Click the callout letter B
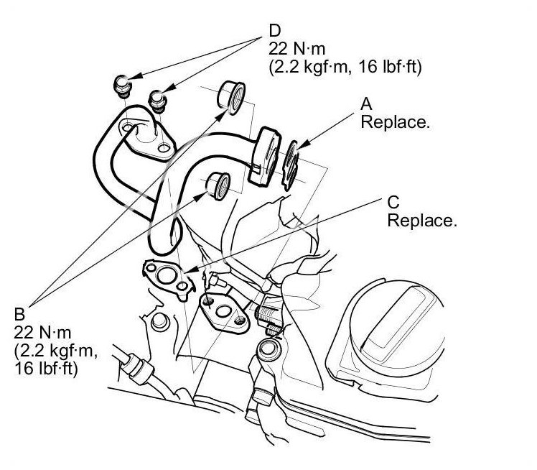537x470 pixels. pos(19,313)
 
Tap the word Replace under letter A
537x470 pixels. pos(395,122)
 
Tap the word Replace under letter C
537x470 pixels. pos(422,220)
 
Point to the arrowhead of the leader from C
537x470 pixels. pos(186,271)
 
